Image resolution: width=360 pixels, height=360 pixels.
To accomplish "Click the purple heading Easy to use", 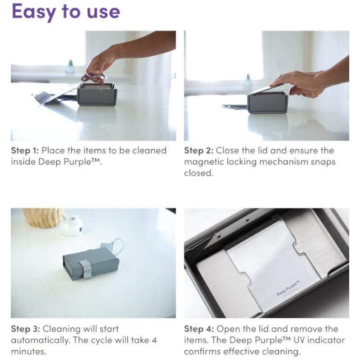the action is tap(66, 12).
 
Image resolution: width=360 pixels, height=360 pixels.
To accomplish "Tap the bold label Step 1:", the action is tap(25, 151).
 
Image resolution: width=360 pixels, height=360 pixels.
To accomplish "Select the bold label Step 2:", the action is tap(198, 151).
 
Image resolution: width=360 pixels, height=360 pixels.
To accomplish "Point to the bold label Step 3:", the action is tap(25, 329).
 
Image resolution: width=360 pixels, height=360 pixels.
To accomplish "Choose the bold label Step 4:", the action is tap(199, 329).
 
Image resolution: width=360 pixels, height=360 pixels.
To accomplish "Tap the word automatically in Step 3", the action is tap(40, 341).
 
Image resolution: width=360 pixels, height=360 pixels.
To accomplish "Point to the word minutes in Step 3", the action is tap(28, 351).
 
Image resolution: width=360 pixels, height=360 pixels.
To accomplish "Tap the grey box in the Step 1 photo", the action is tap(97, 94).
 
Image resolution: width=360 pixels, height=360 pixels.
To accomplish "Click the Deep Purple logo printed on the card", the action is tap(288, 288).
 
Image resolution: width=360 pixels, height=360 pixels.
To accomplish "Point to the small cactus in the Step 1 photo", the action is tap(70, 67).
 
